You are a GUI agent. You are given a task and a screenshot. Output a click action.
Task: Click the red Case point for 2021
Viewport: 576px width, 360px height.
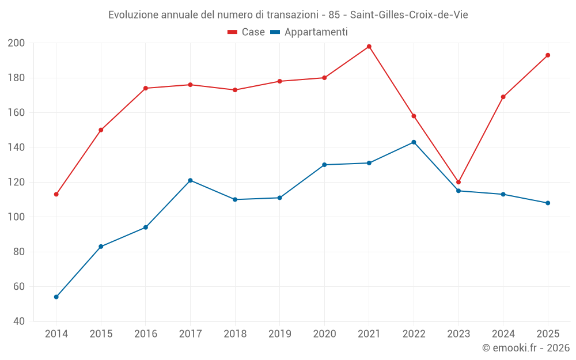pos(369,47)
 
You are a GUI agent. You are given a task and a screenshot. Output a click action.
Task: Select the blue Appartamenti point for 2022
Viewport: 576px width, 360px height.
pos(414,142)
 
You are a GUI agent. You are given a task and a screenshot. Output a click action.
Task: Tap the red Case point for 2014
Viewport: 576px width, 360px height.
pos(56,194)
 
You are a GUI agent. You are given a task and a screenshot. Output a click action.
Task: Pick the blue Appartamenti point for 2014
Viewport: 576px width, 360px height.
pos(56,297)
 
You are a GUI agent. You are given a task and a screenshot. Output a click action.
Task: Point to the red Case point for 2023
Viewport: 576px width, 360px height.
pos(458,182)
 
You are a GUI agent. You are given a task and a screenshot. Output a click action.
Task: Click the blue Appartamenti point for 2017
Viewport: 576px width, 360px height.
pos(190,180)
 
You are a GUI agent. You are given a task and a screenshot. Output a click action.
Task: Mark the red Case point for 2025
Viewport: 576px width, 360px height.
pos(548,55)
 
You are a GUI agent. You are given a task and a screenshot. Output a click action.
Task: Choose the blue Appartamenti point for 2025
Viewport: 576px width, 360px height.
pos(548,203)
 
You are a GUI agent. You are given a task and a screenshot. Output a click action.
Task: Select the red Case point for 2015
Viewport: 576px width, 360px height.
pos(101,130)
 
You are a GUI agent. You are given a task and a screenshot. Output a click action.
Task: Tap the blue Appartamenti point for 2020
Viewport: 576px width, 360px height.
pos(324,165)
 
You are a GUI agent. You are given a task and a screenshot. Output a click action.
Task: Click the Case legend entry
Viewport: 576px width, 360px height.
pos(246,32)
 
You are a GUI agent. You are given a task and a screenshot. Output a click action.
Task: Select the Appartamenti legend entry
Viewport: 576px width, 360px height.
pos(309,32)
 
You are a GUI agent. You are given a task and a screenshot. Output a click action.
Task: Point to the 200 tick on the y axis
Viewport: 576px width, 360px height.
pos(16,43)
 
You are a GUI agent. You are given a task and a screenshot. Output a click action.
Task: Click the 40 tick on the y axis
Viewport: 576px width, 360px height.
pos(19,321)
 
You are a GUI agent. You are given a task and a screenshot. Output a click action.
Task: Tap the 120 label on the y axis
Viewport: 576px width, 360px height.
pos(16,182)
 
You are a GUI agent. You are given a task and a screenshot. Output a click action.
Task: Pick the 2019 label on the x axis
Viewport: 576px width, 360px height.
pos(279,334)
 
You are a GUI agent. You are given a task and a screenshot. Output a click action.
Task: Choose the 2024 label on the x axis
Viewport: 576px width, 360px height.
pos(503,334)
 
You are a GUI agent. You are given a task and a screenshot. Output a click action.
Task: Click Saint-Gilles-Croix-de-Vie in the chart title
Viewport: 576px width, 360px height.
pos(409,15)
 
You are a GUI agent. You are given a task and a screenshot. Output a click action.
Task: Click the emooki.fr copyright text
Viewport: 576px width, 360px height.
pos(526,347)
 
